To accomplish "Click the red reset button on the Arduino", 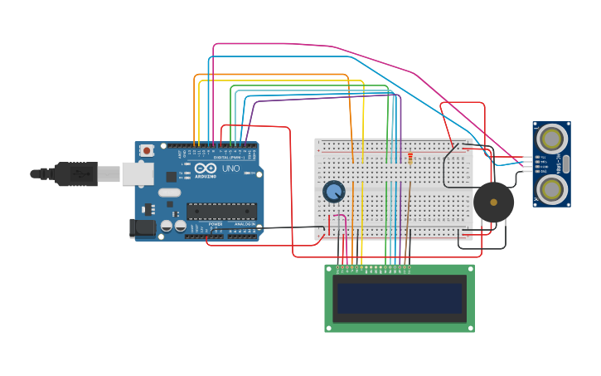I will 147,150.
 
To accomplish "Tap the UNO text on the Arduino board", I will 230,168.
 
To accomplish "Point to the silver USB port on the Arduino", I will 137,173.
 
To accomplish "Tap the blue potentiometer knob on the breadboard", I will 333,192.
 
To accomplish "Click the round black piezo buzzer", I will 494,203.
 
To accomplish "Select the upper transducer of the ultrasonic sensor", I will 551,138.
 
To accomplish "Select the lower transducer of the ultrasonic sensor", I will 551,189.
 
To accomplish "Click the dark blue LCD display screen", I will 399,298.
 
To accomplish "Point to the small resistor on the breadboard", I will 410,158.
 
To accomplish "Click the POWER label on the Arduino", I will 216,224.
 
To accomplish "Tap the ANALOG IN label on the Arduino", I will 245,224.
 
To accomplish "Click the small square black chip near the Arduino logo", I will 171,177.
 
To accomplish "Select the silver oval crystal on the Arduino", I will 170,193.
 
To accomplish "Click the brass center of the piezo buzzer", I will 494,202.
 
